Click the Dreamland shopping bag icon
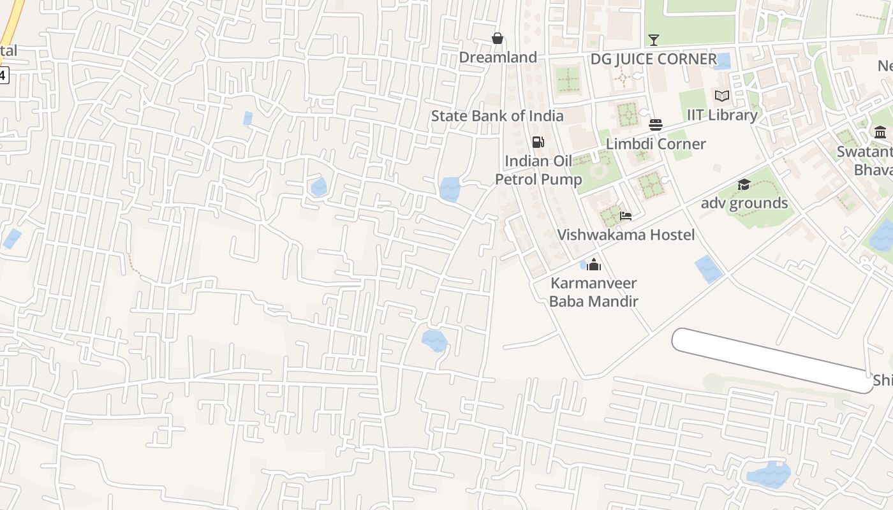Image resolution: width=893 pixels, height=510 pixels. pos(498,39)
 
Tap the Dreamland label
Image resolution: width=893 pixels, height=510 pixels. pos(498,57)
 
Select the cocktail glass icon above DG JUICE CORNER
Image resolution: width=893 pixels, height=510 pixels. pos(654,41)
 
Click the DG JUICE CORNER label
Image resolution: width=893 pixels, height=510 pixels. pos(654,59)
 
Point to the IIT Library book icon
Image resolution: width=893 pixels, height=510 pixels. pos(722,96)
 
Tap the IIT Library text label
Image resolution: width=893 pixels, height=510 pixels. pos(722,115)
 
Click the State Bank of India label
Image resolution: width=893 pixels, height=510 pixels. pos(498,116)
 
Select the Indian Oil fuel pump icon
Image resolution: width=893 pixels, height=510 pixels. pos(538,142)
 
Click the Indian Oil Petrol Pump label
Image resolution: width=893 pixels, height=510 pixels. pos(539,170)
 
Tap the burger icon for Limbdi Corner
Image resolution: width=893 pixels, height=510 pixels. pos(656,125)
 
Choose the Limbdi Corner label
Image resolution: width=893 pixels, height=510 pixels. pos(656,144)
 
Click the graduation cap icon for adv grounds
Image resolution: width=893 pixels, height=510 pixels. pos(744,185)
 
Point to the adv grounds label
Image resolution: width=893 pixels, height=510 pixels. pos(744,203)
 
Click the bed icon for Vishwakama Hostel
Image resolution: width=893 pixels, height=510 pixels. pos(626,216)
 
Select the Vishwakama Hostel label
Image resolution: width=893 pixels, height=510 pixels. pos(626,235)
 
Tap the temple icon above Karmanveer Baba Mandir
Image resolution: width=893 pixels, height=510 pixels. pos(594,265)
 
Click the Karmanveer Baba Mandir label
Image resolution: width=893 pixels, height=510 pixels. pos(594,292)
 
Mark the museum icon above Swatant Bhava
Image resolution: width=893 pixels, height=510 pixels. pos(880,133)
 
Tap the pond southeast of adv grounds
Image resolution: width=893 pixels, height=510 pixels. pos(708,269)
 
